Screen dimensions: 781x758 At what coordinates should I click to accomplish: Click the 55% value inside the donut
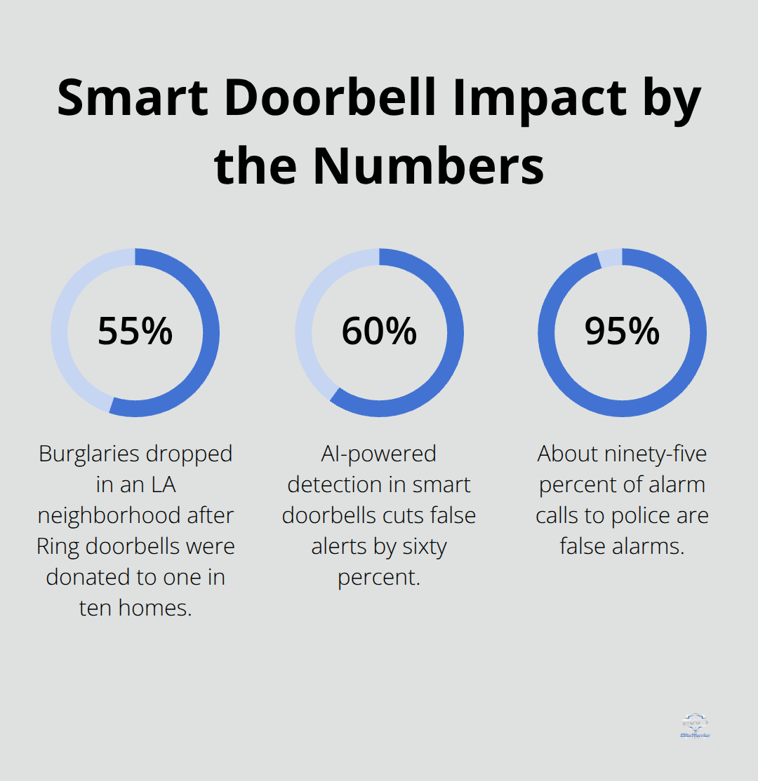click(x=135, y=332)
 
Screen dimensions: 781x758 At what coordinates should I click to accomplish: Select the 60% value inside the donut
click(x=379, y=332)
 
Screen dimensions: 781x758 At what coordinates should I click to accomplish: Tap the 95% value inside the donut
click(x=622, y=332)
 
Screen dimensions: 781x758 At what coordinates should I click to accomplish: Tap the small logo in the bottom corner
click(x=695, y=726)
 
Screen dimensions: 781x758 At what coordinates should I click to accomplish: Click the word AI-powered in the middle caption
click(x=379, y=454)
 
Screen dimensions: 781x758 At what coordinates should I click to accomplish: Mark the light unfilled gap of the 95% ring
click(x=610, y=257)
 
